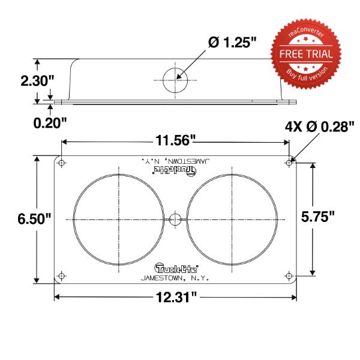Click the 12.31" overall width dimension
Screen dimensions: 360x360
tap(176, 298)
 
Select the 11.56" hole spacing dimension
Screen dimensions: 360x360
tap(175, 140)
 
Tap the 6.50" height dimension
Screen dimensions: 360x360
tap(34, 218)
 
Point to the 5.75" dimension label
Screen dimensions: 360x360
tap(318, 216)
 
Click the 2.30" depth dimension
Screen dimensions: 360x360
tap(37, 80)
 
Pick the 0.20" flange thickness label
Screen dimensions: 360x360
tap(50, 123)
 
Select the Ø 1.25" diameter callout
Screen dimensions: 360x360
tap(232, 43)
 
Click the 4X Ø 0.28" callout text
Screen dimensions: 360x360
tap(320, 127)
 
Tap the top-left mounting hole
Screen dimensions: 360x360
tap(61, 163)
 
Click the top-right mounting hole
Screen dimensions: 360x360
tap(289, 163)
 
